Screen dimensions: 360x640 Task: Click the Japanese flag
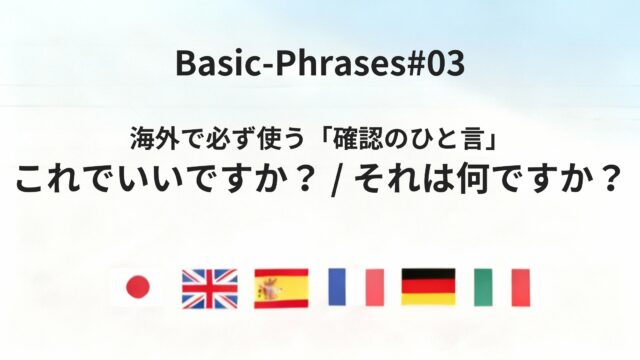(136, 288)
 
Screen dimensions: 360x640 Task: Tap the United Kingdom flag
(209, 288)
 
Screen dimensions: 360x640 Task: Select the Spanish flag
(281, 288)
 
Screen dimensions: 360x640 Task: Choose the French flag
(355, 288)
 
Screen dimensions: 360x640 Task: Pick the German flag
(428, 288)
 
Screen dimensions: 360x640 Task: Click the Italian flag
(501, 288)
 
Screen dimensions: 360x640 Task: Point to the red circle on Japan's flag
(136, 288)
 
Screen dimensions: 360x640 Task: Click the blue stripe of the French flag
(337, 288)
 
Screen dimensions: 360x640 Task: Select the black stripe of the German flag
(428, 275)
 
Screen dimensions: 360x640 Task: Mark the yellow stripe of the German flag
(428, 300)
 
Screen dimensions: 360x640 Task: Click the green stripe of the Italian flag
(483, 288)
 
